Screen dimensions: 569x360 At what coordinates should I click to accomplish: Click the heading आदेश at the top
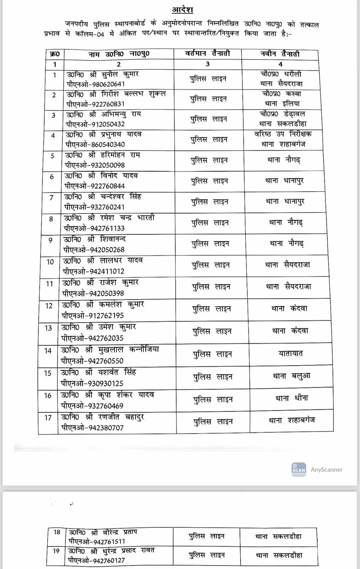point(182,10)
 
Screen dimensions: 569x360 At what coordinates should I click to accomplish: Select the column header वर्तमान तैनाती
point(208,54)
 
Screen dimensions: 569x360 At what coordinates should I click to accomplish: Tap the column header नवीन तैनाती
point(280,54)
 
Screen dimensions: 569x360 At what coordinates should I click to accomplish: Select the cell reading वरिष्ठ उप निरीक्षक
point(283,134)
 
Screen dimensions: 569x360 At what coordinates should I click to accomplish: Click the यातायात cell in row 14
point(291,353)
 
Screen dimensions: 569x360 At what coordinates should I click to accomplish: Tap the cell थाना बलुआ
point(291,376)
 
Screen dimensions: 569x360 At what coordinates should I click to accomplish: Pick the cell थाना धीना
point(292,398)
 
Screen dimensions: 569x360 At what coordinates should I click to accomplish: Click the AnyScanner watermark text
point(327,469)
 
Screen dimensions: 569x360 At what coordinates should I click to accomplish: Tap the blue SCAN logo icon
point(298,469)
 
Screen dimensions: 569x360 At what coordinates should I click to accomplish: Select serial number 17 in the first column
point(48,418)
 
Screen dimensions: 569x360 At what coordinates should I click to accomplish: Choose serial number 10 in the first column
point(50,262)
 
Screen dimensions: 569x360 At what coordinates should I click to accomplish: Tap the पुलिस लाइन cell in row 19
point(207,555)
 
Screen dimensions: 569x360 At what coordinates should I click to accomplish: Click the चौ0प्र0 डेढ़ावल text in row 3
point(282,114)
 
